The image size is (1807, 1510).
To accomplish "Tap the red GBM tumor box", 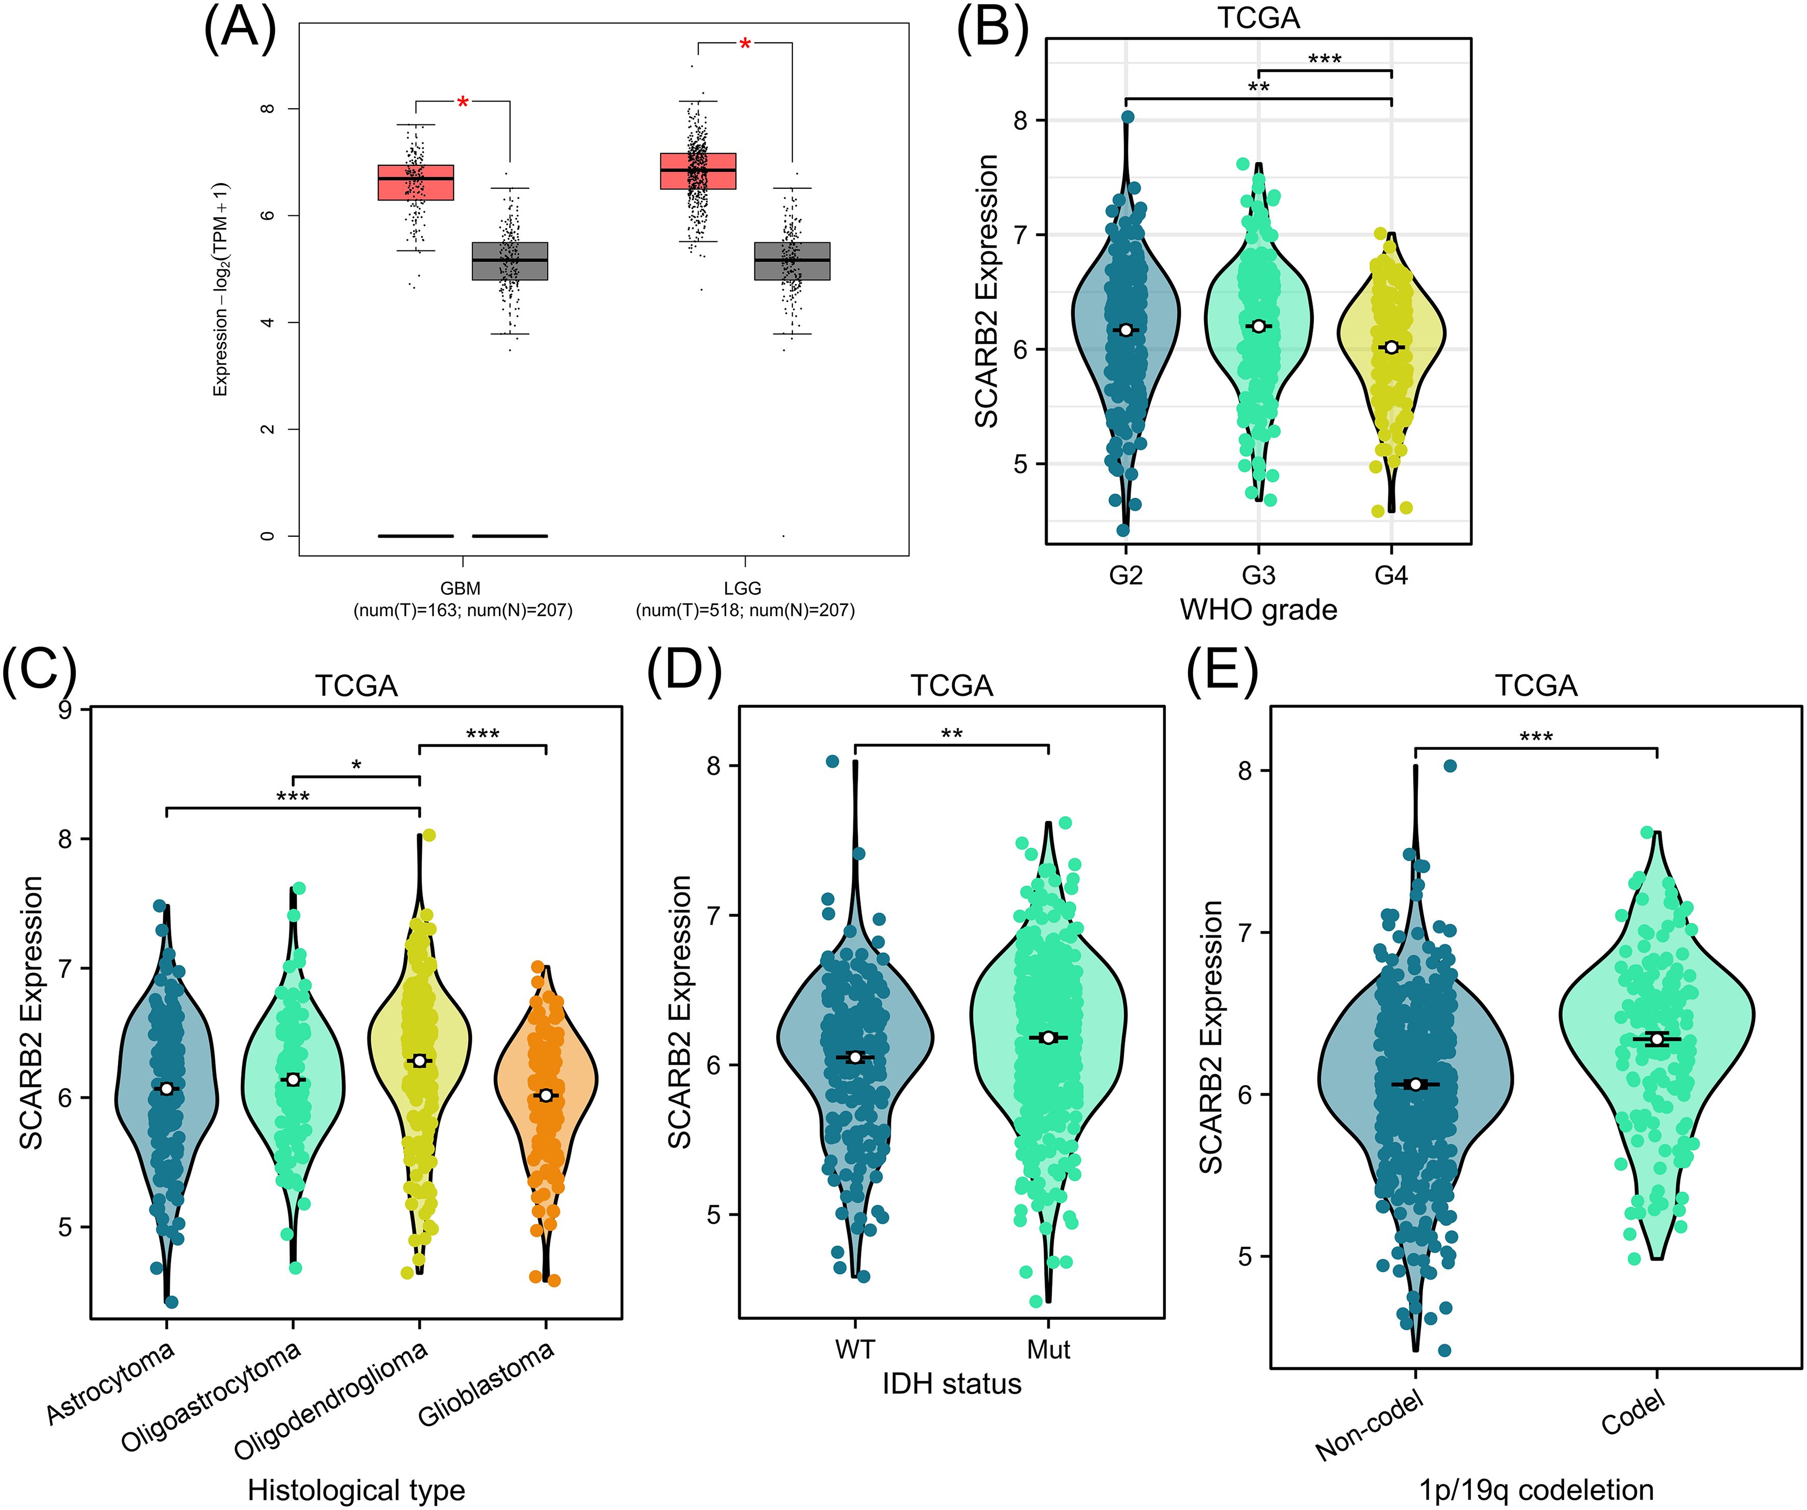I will pyautogui.click(x=416, y=182).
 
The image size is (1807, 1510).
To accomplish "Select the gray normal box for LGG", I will pyautogui.click(x=792, y=261).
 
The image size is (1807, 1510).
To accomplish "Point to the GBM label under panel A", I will pyautogui.click(x=461, y=588).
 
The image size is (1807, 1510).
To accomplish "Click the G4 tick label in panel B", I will pyautogui.click(x=1390, y=575).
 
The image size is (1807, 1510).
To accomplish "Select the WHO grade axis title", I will pyautogui.click(x=1258, y=610).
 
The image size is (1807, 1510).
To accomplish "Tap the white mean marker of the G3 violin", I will pyautogui.click(x=1259, y=326).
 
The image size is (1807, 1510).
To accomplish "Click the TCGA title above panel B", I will pyautogui.click(x=1258, y=18).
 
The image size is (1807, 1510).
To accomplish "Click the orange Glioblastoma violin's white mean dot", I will pyautogui.click(x=546, y=1095).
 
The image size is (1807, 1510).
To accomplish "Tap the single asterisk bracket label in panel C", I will pyautogui.click(x=356, y=765).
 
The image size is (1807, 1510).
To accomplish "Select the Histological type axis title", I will pyautogui.click(x=356, y=1489).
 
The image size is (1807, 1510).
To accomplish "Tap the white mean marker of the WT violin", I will pyautogui.click(x=854, y=1057).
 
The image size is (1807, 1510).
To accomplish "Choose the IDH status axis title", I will pyautogui.click(x=952, y=1383).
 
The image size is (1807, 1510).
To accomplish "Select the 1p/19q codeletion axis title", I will pyautogui.click(x=1536, y=1489).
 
